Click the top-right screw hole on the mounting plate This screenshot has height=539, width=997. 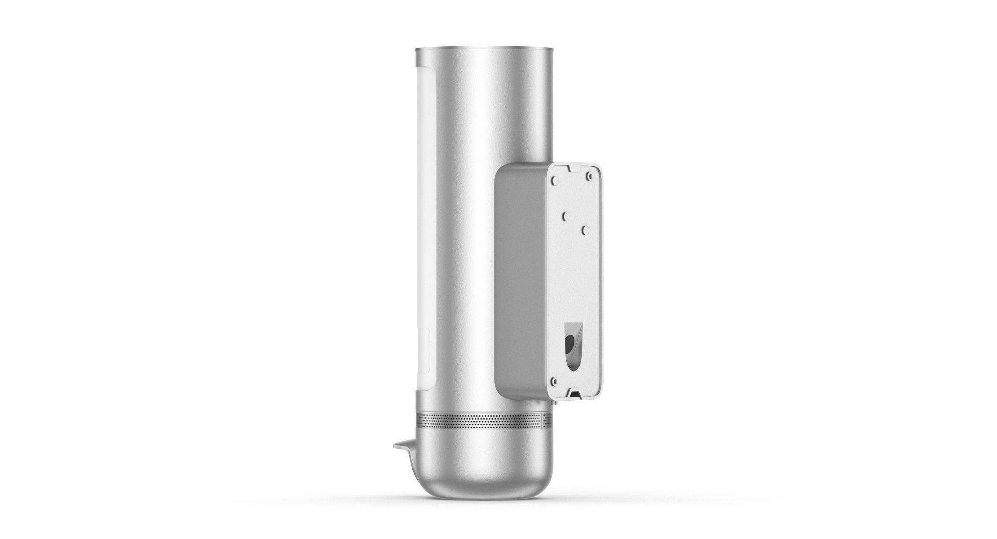pyautogui.click(x=587, y=178)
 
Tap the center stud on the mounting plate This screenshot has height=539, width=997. pyautogui.click(x=567, y=216)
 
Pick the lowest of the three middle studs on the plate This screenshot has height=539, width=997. pyautogui.click(x=585, y=230)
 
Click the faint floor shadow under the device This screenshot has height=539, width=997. pyautogui.click(x=485, y=499)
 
